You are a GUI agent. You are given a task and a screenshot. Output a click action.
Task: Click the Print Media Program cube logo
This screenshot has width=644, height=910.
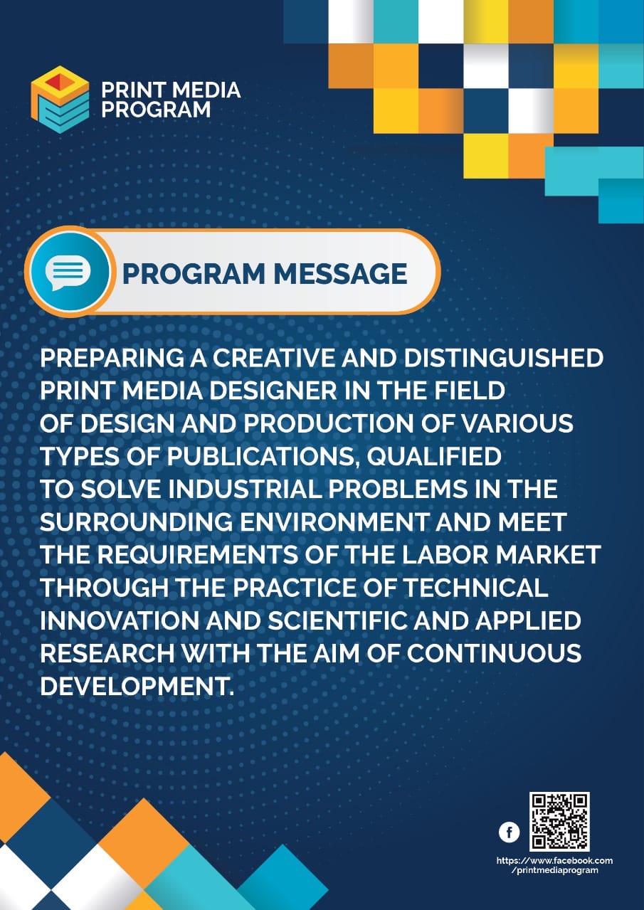click(60, 100)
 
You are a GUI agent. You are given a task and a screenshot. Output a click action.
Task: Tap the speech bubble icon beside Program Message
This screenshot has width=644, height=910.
click(68, 272)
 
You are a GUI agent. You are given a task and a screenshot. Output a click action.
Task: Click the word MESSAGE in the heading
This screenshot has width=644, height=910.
click(340, 274)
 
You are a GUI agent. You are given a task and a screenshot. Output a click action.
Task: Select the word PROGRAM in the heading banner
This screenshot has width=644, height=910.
click(194, 274)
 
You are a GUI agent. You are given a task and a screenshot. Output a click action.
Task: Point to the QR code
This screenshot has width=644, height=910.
click(559, 822)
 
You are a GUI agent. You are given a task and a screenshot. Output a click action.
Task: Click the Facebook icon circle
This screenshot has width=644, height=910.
click(509, 832)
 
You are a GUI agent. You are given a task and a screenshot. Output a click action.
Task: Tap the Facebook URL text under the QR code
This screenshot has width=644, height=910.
click(554, 865)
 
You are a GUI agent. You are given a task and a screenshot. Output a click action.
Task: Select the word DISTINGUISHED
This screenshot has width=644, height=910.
click(504, 358)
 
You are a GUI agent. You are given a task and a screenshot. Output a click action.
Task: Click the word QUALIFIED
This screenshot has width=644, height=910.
click(434, 457)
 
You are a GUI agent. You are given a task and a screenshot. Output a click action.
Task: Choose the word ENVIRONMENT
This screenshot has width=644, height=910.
click(334, 522)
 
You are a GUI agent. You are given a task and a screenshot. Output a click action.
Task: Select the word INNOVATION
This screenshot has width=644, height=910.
click(119, 620)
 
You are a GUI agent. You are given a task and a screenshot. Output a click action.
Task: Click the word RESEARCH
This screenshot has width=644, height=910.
click(107, 653)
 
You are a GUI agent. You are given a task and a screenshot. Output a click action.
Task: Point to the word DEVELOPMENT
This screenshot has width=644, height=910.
click(137, 686)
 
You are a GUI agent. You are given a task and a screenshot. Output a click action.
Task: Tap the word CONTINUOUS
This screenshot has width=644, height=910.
click(494, 653)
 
